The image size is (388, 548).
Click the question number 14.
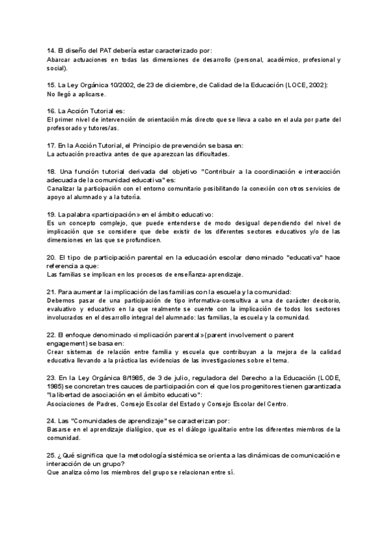tap(51, 50)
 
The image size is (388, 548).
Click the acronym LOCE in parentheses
tap(292, 85)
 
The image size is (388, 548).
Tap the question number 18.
tap(51, 171)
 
